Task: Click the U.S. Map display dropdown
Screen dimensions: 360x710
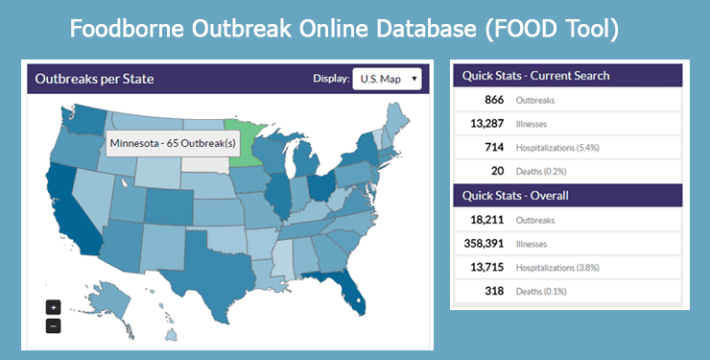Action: (x=387, y=79)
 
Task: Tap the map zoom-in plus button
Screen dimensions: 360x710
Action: (x=54, y=307)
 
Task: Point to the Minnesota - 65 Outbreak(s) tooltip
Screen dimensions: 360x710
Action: (x=173, y=143)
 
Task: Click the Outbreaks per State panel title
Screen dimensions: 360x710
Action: (x=94, y=79)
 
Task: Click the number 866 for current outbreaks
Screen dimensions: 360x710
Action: (x=495, y=99)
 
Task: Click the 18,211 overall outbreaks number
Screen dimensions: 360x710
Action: (x=488, y=220)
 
